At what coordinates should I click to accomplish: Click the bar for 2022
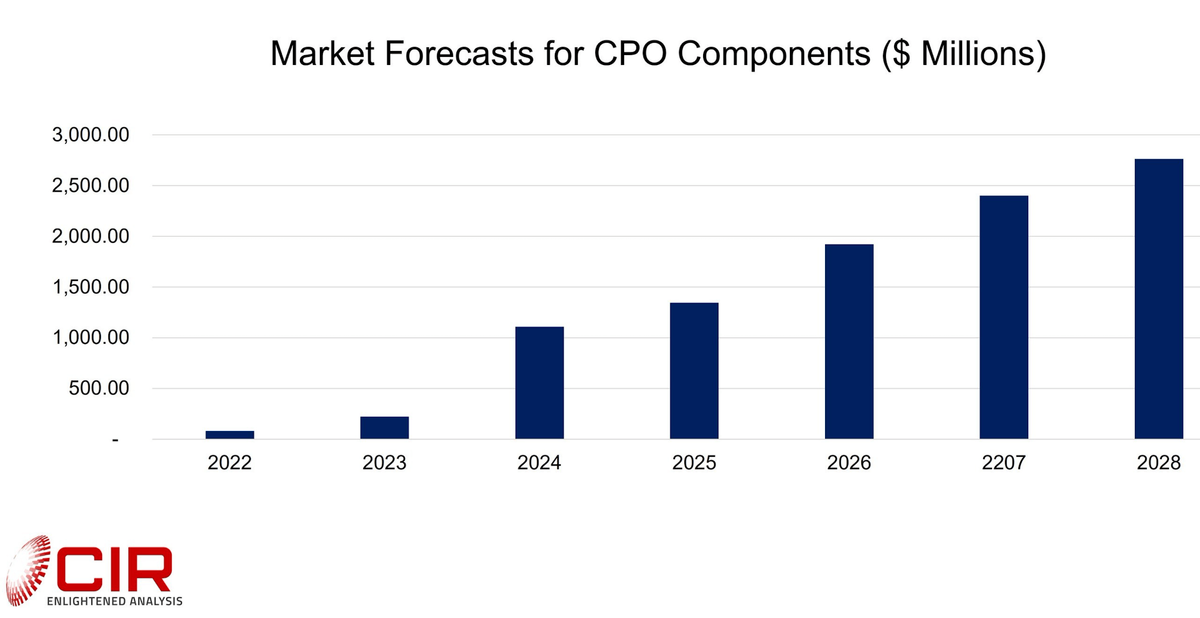coord(230,434)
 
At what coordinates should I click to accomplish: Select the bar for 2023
coord(384,427)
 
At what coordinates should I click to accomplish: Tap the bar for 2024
coord(539,382)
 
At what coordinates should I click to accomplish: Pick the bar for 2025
coord(694,371)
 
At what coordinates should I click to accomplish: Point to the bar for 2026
coord(849,341)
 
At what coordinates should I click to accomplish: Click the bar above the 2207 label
coord(1004,317)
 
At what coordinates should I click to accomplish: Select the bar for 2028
coord(1158,298)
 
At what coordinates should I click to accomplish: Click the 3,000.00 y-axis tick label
coord(91,135)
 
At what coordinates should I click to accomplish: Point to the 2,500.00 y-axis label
coord(91,186)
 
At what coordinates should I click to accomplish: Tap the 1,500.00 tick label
coord(91,287)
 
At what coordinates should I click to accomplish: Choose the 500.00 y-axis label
coord(98,388)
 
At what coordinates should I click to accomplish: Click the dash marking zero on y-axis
coord(115,440)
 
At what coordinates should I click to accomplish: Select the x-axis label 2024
coord(539,463)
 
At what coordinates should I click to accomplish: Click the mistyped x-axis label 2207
coord(1004,463)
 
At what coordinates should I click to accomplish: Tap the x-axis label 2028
coord(1158,463)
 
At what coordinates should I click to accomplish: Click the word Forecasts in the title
coord(459,53)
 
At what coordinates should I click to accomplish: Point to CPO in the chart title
coord(630,53)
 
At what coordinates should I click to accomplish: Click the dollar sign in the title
coord(901,54)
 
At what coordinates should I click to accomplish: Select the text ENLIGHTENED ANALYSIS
coord(115,601)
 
